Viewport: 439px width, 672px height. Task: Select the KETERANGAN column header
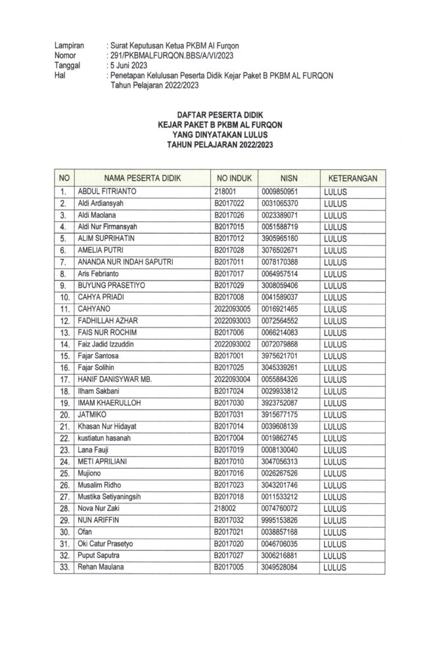click(352, 178)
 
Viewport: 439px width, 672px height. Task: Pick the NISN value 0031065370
click(280, 203)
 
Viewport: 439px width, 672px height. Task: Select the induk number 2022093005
click(233, 308)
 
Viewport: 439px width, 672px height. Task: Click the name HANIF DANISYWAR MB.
click(114, 379)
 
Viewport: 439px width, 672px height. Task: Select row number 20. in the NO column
click(64, 415)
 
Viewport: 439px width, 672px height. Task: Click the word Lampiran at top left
click(70, 46)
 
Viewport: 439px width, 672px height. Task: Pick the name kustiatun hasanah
click(108, 438)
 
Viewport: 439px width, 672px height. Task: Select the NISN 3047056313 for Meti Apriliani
click(280, 461)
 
